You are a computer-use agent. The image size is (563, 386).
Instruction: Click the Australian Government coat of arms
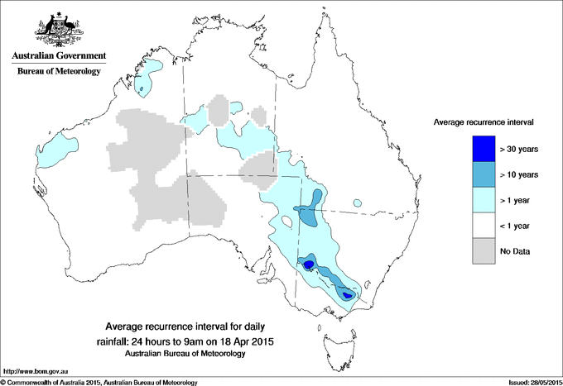pyautogui.click(x=57, y=31)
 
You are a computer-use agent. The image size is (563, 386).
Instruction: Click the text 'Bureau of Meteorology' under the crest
pyautogui.click(x=58, y=72)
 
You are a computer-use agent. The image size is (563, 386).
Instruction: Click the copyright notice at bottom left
pyautogui.click(x=99, y=382)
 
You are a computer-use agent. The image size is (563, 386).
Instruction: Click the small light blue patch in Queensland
pyautogui.click(x=358, y=202)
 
